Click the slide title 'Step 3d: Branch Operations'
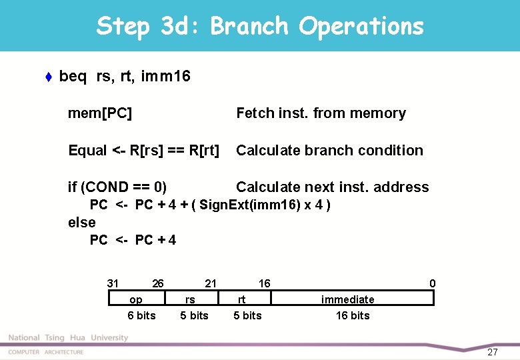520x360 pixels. point(260,27)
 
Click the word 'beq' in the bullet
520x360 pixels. point(73,77)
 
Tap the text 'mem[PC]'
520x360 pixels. point(100,113)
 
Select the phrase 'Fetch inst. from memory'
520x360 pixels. point(321,113)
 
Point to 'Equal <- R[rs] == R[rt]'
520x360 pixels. point(143,151)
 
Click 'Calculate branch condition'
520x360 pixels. point(329,151)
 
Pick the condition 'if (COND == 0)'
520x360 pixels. point(117,187)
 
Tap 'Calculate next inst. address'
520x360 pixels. point(332,187)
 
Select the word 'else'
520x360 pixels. point(82,222)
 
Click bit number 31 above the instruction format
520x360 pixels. point(113,283)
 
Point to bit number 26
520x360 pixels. point(158,283)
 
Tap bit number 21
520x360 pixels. point(211,283)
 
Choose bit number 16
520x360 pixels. point(265,283)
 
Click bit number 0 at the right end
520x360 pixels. point(433,283)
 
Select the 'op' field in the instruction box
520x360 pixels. point(135,300)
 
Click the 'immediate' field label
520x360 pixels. point(348,300)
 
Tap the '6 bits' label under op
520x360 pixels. point(141,315)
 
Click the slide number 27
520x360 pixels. point(493,351)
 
